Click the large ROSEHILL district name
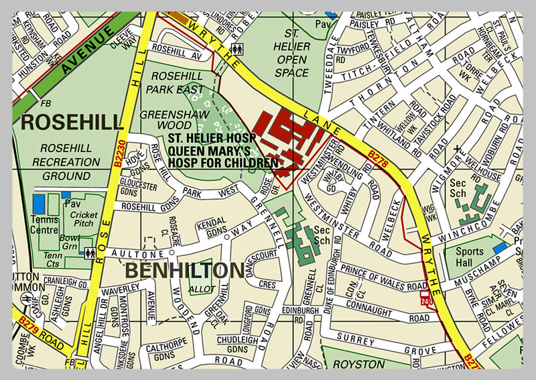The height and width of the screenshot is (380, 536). pyautogui.click(x=72, y=122)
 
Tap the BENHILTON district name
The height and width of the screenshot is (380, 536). pyautogui.click(x=184, y=271)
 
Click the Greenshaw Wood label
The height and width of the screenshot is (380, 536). pyautogui.click(x=165, y=119)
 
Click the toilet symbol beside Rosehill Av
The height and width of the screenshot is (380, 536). pyautogui.click(x=236, y=49)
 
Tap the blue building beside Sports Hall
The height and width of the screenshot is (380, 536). pyautogui.click(x=500, y=247)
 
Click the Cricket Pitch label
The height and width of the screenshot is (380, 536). pyautogui.click(x=83, y=219)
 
